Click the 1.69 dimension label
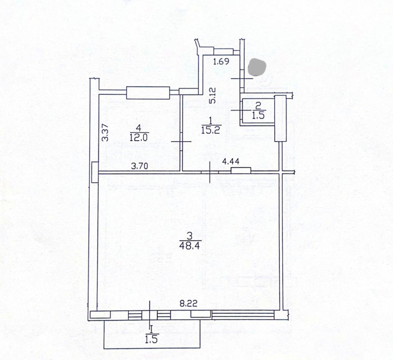point(221,61)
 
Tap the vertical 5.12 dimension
point(212,95)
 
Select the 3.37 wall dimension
point(106,133)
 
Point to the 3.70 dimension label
point(139,166)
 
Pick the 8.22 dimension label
point(188,304)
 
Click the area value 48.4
point(189,246)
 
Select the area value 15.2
point(211,130)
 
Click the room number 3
point(189,236)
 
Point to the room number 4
point(139,128)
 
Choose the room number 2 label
point(258,106)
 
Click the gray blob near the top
point(257,67)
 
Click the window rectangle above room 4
point(148,93)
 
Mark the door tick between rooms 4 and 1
point(181,142)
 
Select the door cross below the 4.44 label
point(210,172)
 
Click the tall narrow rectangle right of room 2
point(280,118)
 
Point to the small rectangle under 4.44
point(241,170)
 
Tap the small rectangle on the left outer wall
point(95,172)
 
